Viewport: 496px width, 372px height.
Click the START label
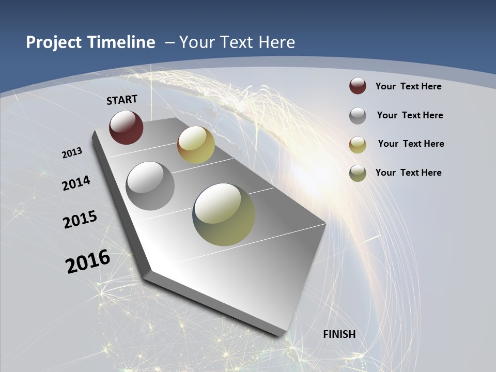[x=122, y=100]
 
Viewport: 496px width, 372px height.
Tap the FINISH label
[x=339, y=334]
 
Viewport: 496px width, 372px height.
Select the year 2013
[x=72, y=153]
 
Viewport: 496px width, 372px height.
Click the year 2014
[x=76, y=183]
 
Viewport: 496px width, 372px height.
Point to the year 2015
[x=80, y=220]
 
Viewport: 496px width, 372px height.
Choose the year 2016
[x=88, y=261]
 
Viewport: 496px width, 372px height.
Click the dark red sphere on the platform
[x=126, y=127]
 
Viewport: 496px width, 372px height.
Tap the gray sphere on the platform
[x=150, y=186]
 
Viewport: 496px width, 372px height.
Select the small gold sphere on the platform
[x=196, y=145]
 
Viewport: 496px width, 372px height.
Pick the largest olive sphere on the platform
[x=224, y=214]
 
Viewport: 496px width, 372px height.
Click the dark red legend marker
[x=358, y=86]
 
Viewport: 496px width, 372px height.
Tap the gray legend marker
[x=358, y=116]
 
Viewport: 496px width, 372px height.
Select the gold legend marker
[x=358, y=144]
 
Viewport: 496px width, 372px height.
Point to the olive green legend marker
[x=358, y=173]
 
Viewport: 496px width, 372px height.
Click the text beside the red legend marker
[x=408, y=86]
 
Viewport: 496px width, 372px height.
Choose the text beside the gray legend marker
[x=410, y=115]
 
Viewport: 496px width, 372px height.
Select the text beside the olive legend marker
[x=408, y=173]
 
